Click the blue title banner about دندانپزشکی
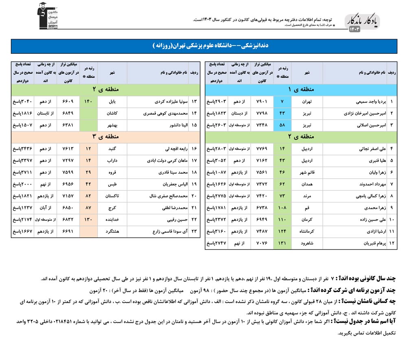203,46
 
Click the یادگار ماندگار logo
363,23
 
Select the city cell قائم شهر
307,172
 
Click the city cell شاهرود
307,243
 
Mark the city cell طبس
112,184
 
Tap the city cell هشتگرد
112,231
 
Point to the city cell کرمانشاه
307,231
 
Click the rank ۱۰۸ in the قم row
282,208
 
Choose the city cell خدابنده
112,220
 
